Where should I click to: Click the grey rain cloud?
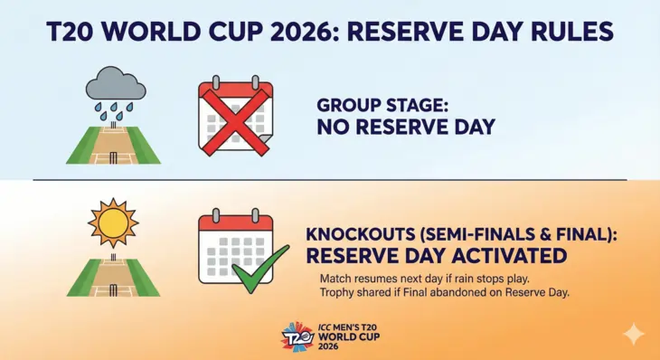point(115,86)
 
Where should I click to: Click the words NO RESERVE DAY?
point(406,127)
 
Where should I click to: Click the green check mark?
point(260,269)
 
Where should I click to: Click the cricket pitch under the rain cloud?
point(113,144)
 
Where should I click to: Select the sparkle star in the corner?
point(636,335)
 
